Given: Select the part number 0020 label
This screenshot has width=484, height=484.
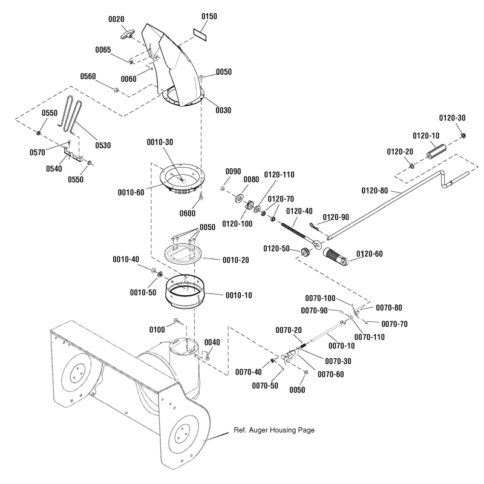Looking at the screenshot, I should coord(116,19).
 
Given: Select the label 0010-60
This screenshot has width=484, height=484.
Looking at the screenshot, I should coord(132,192).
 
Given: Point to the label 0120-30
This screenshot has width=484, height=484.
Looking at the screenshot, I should coord(453,117).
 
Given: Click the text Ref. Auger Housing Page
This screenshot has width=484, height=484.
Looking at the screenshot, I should coord(273,430).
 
